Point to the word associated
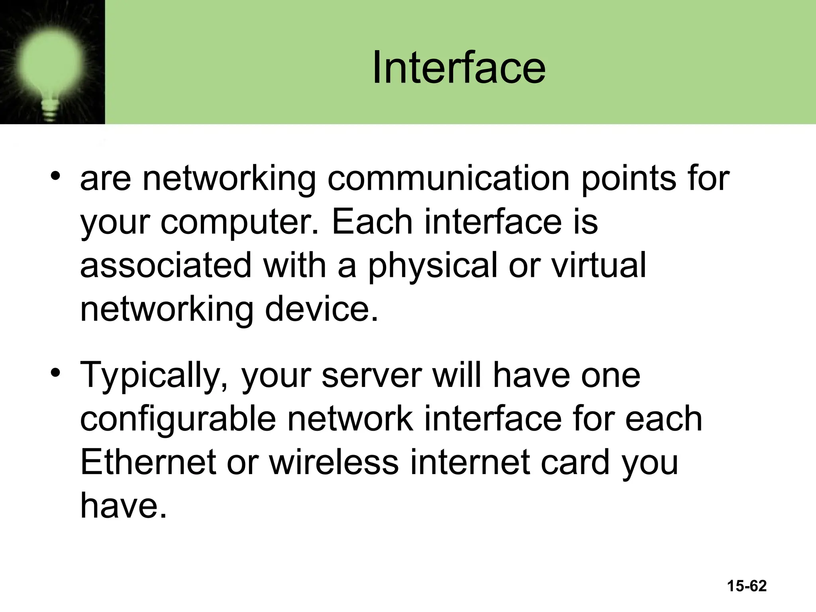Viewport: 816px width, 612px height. click(166, 266)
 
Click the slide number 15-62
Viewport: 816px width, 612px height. click(747, 586)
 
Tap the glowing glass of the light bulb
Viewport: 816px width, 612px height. click(50, 60)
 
